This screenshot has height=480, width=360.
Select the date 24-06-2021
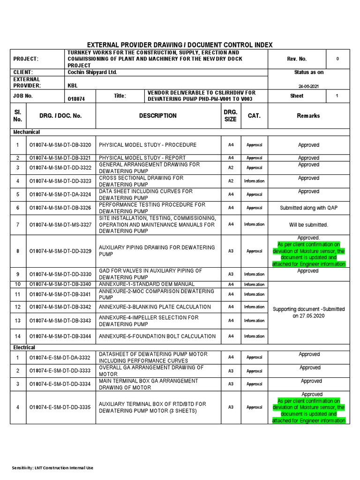click(x=308, y=86)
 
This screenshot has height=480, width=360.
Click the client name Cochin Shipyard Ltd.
click(x=92, y=72)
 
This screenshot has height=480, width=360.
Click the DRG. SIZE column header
click(x=231, y=116)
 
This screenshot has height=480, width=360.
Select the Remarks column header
click(x=308, y=116)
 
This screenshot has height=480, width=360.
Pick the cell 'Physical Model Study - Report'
click(x=142, y=158)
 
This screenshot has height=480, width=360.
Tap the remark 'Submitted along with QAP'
click(x=308, y=208)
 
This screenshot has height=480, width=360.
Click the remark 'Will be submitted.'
click(x=308, y=225)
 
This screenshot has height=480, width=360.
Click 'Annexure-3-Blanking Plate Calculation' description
click(x=155, y=307)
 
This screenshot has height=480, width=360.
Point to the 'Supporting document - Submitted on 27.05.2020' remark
click(x=308, y=313)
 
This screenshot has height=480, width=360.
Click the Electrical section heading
click(x=24, y=347)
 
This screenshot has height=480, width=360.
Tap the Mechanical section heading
click(x=26, y=132)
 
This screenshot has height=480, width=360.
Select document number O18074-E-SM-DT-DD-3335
click(x=60, y=407)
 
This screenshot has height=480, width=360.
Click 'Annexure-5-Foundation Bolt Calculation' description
click(x=157, y=336)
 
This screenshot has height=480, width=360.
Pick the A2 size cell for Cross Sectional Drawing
click(x=231, y=181)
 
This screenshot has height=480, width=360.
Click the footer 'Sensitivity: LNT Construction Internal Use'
click(x=52, y=468)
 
